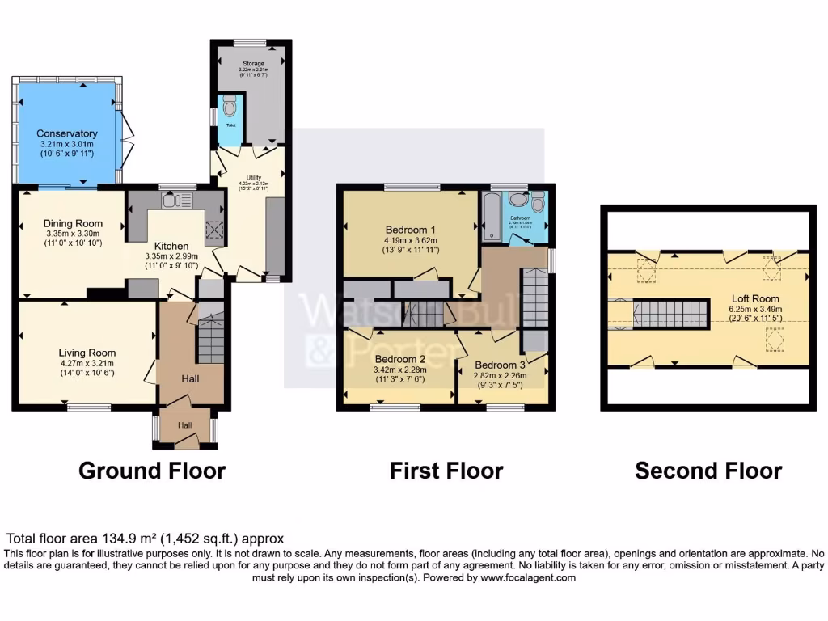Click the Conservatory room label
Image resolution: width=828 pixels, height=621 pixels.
tap(68, 133)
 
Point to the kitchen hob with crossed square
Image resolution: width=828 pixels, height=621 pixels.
tap(215, 232)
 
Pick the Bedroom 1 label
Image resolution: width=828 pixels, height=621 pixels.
tap(411, 229)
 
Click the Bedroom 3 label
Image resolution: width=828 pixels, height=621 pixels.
tap(500, 365)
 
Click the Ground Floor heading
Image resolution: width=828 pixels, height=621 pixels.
tap(152, 471)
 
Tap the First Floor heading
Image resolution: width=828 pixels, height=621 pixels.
tap(446, 471)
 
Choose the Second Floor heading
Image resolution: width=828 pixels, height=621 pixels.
tap(708, 471)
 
